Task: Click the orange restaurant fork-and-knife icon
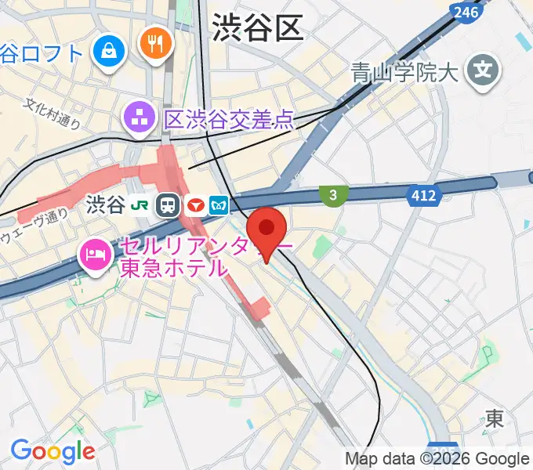pyautogui.click(x=154, y=42)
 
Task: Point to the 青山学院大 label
pyautogui.click(x=403, y=74)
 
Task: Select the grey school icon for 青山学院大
pyautogui.click(x=482, y=73)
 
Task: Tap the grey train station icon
pyautogui.click(x=168, y=206)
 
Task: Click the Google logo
pyautogui.click(x=53, y=450)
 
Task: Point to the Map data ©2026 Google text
pyautogui.click(x=437, y=458)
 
